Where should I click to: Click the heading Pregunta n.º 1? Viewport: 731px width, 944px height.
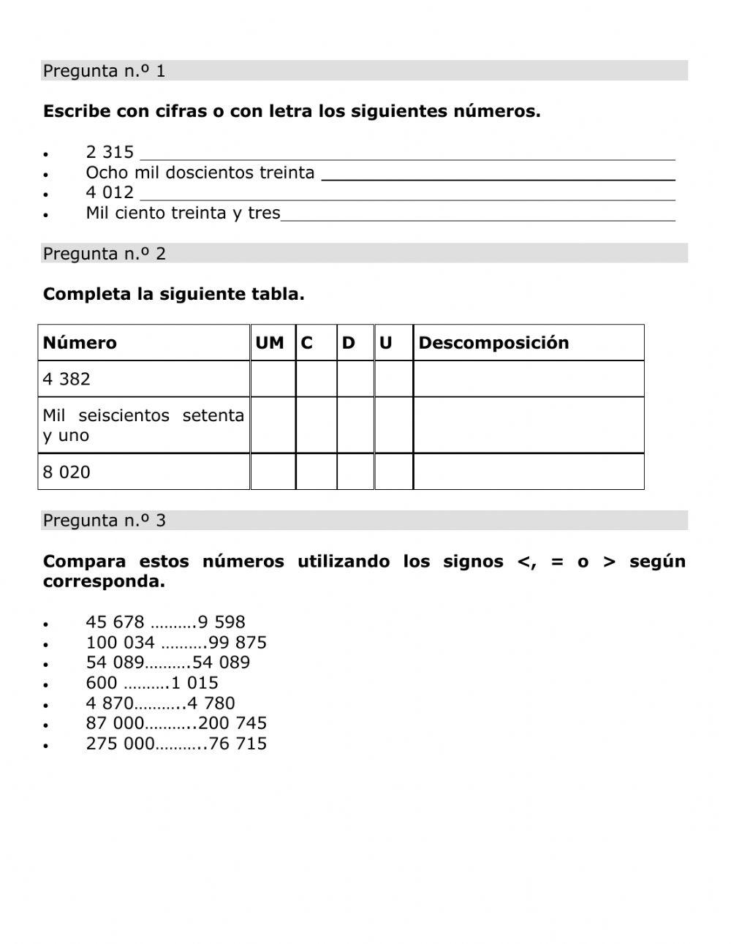point(104,71)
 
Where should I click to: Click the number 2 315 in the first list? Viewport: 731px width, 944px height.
point(110,152)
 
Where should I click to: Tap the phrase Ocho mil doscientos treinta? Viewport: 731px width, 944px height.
point(200,173)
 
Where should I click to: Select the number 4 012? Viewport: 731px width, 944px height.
point(110,192)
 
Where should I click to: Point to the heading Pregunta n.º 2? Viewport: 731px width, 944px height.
point(104,254)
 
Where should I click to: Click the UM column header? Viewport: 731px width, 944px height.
point(270,343)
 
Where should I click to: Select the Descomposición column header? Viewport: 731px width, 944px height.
point(493,343)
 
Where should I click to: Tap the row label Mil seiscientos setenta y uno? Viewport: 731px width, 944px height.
point(143,425)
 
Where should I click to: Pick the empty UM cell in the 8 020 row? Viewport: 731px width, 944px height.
point(273,472)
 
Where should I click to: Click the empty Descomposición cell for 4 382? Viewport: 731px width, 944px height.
point(528,379)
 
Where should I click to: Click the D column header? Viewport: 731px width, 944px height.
point(349,343)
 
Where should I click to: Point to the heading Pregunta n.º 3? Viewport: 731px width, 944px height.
point(104,521)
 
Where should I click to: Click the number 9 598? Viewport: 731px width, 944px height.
point(221,622)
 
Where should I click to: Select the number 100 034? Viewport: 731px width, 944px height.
point(120,643)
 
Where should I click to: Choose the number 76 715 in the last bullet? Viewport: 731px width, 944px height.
point(238,744)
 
